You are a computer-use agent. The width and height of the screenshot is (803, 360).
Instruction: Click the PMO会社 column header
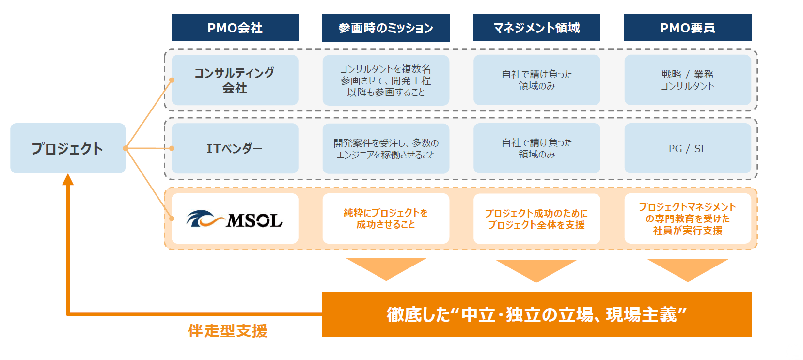click(235, 28)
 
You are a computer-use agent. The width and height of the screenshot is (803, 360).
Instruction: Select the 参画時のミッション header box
click(386, 28)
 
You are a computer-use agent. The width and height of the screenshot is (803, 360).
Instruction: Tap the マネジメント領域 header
click(536, 28)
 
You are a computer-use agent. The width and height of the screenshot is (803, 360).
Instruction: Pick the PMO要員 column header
click(688, 28)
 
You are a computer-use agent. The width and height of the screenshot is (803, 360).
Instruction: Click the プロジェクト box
click(68, 148)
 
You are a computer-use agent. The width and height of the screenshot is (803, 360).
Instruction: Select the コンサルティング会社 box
click(235, 80)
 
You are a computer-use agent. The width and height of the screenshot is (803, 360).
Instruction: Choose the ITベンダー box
click(235, 148)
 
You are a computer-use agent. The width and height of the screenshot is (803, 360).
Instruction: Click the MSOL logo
click(235, 219)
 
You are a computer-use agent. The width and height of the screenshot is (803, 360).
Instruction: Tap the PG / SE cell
click(688, 148)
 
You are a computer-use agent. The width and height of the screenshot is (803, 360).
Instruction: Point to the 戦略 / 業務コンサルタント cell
click(688, 80)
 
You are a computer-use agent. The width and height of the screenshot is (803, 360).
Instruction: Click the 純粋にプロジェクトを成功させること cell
click(386, 219)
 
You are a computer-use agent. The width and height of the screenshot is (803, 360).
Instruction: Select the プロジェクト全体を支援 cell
click(536, 219)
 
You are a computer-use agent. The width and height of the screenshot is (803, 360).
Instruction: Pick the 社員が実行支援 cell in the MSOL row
click(688, 219)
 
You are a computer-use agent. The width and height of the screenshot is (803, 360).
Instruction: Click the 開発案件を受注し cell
click(386, 148)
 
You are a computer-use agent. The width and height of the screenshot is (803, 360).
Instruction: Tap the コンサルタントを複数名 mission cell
click(386, 80)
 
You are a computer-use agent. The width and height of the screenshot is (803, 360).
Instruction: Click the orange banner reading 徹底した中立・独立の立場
click(536, 314)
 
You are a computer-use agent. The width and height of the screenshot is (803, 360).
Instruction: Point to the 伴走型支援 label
click(227, 330)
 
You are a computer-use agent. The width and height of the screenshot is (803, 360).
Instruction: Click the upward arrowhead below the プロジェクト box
click(68, 180)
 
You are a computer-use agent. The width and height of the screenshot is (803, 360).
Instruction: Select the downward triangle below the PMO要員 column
click(688, 269)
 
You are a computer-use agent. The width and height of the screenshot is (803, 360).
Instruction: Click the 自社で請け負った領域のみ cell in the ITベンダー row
click(536, 148)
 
